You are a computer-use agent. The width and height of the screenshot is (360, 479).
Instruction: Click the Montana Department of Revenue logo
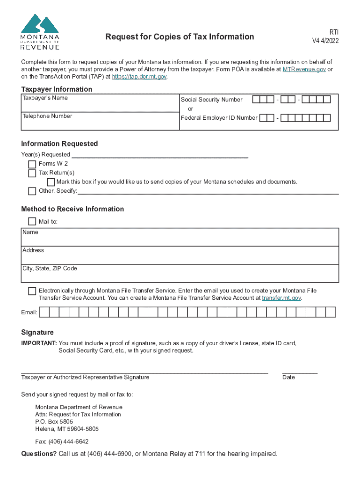click(x=40, y=31)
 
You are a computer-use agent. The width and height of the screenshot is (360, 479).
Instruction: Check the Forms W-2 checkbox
click(x=32, y=164)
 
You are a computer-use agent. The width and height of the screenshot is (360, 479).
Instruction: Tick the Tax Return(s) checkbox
click(x=32, y=173)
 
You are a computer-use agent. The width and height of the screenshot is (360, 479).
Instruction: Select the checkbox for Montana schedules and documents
click(x=51, y=182)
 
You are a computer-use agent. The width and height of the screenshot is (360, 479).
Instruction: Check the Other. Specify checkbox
click(x=32, y=191)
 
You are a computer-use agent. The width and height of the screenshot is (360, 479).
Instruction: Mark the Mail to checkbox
click(x=32, y=221)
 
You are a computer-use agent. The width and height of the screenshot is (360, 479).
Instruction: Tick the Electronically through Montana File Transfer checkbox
click(x=32, y=291)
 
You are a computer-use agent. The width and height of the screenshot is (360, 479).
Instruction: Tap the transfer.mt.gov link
click(x=281, y=298)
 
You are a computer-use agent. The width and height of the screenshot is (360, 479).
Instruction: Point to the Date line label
click(x=288, y=377)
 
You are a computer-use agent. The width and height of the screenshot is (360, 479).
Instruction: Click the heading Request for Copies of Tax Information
click(x=180, y=36)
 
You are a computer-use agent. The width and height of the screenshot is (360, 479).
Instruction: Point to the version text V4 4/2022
click(x=325, y=41)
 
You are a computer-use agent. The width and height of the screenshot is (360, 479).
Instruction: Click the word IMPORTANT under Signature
click(x=39, y=343)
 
